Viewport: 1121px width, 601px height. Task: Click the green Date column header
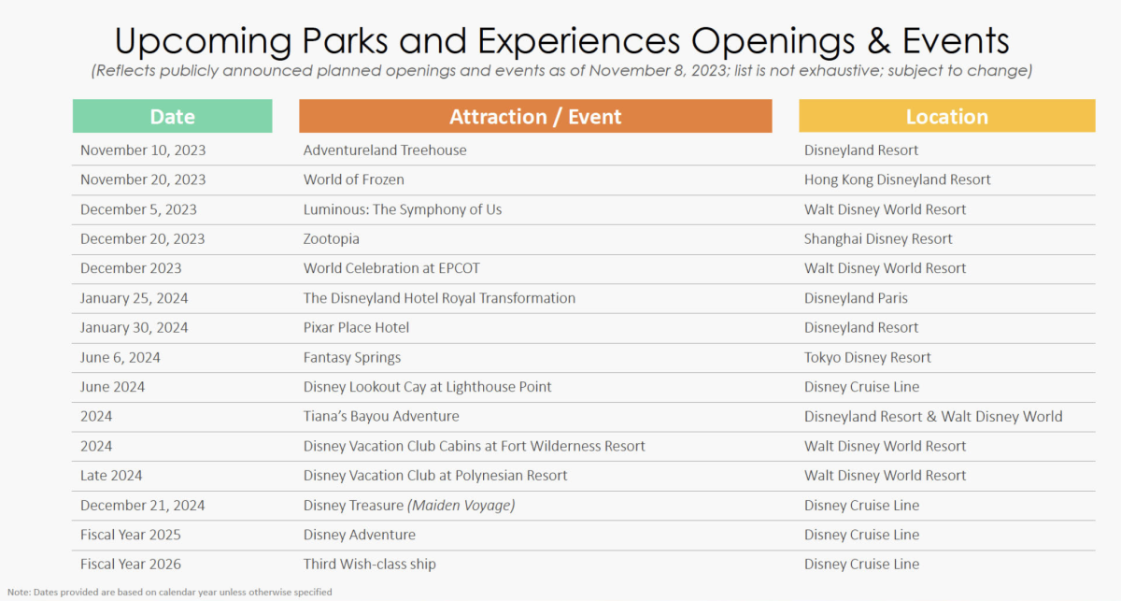(172, 116)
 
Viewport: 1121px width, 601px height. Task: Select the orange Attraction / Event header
(535, 116)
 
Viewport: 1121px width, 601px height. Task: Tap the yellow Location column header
(947, 116)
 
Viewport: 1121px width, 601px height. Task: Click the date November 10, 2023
(143, 150)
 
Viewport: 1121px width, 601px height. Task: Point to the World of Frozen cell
(354, 179)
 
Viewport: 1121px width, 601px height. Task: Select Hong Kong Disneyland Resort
(898, 179)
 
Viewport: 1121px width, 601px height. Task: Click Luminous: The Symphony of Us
(403, 209)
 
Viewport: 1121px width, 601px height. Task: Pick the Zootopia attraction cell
(332, 239)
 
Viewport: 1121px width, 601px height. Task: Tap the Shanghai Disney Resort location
(878, 239)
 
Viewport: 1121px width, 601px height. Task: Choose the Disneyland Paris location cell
(856, 298)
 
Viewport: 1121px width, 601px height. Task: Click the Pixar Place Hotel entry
(356, 327)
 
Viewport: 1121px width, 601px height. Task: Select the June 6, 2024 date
(121, 358)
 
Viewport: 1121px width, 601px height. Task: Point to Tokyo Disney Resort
(868, 358)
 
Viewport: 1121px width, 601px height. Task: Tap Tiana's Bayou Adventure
(381, 416)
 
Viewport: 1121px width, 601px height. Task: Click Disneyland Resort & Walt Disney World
(933, 417)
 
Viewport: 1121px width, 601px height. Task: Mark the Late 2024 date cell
(111, 476)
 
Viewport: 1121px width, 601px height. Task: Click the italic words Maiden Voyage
(461, 506)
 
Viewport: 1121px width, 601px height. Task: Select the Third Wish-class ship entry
(370, 565)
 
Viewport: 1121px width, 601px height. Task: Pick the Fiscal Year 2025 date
(131, 535)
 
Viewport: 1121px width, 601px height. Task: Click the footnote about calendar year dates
(170, 592)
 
